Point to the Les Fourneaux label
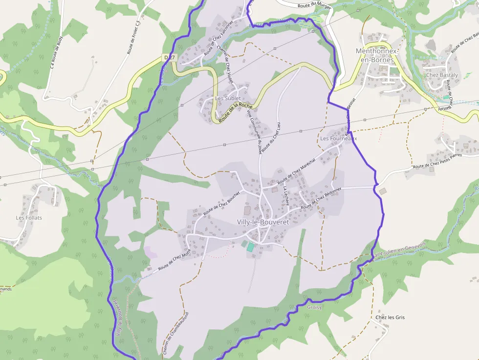click(338, 139)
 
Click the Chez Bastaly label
click(442, 75)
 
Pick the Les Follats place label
click(29, 217)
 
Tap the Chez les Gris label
click(390, 318)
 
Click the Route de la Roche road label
click(236, 112)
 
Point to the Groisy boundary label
click(314, 308)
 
